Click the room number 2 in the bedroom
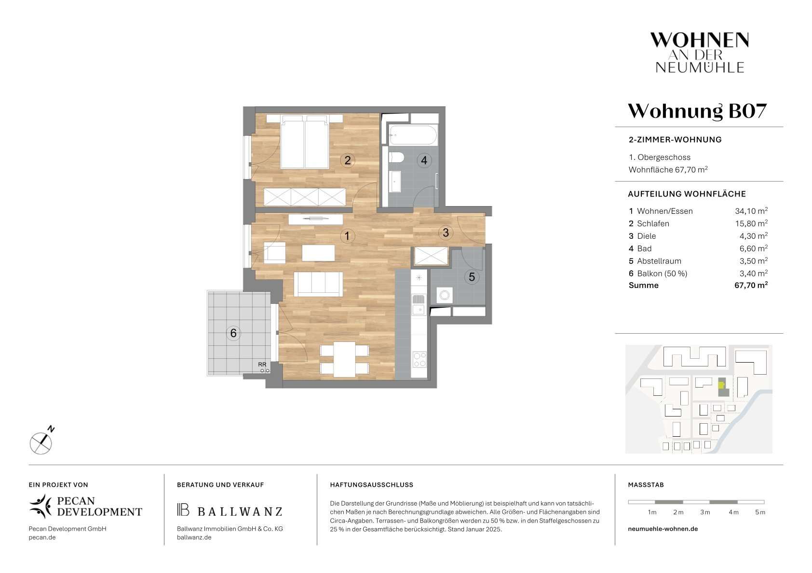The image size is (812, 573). [347, 160]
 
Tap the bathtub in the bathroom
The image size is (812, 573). [413, 135]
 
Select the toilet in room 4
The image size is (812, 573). [396, 157]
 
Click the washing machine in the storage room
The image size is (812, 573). [444, 295]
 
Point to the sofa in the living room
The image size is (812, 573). [318, 284]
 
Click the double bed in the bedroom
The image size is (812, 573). [305, 142]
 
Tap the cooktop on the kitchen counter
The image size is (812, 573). [420, 359]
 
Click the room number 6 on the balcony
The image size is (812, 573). [233, 333]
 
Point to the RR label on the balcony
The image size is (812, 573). [262, 364]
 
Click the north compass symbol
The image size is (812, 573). [42, 441]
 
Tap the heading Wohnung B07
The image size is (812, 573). [697, 111]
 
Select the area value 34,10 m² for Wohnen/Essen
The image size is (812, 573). [751, 211]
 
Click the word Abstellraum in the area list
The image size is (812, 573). [659, 261]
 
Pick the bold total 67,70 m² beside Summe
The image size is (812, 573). [751, 285]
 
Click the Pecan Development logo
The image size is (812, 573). [85, 506]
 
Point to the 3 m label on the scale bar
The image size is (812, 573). [704, 512]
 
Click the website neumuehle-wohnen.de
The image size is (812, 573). [663, 529]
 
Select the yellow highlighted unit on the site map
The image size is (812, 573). [721, 385]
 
